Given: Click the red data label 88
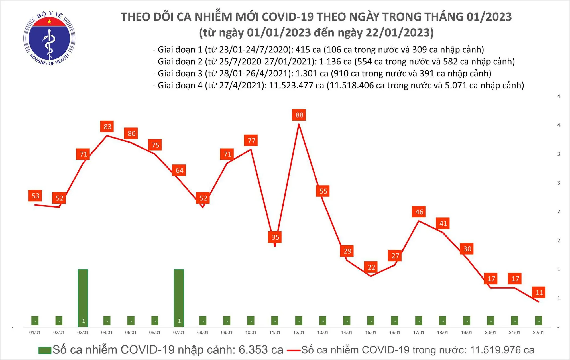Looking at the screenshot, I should coord(299,115).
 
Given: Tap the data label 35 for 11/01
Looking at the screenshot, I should coord(275,237).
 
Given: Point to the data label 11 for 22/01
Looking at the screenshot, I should coord(538,292).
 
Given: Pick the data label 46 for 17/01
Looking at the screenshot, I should coord(419,212).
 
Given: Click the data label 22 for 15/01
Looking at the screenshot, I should coord(371,267).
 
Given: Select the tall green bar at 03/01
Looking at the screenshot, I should coord(83,296).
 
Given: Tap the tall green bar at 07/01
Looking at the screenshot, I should coord(179,296).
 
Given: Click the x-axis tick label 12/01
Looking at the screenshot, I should coord(298,333).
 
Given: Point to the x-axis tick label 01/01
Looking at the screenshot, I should coord(35,333).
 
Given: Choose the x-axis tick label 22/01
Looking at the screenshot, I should coord(538,333).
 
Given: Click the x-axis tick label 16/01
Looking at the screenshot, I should coord(394,333).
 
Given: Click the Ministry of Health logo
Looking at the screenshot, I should coord(49,38).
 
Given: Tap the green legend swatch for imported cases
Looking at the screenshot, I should coord(45,350).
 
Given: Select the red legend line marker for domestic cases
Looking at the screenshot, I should coord(294,350).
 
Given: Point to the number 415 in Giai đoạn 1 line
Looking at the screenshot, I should coord(304,50).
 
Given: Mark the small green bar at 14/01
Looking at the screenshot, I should coord(347,321).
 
